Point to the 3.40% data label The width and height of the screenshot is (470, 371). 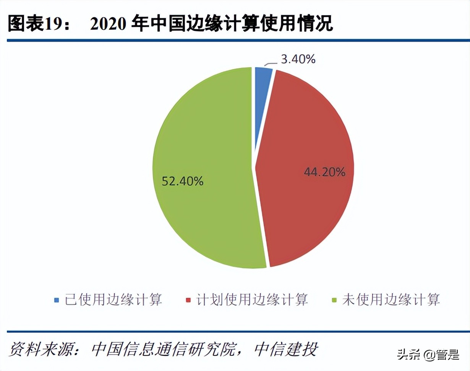298,59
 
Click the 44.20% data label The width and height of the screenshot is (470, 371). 324,172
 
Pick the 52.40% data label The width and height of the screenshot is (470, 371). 183,181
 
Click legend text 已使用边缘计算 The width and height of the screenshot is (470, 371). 113,300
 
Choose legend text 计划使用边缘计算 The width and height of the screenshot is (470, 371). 252,300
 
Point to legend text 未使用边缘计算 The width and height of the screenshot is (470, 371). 391,300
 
